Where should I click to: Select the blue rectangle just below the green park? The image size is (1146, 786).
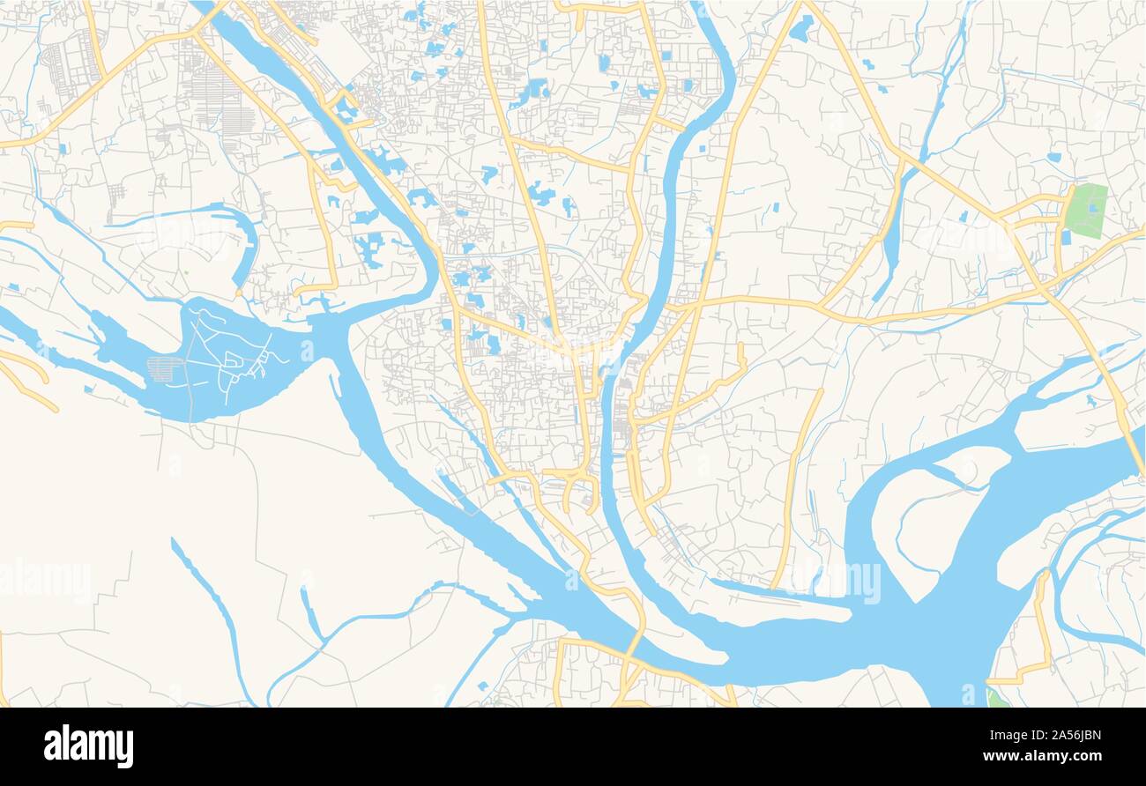click(1066, 237)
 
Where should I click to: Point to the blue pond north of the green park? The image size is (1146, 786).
click(1053, 157)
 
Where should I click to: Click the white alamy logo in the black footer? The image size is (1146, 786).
click(88, 746)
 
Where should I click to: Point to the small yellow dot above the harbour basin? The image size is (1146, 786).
click(187, 272)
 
